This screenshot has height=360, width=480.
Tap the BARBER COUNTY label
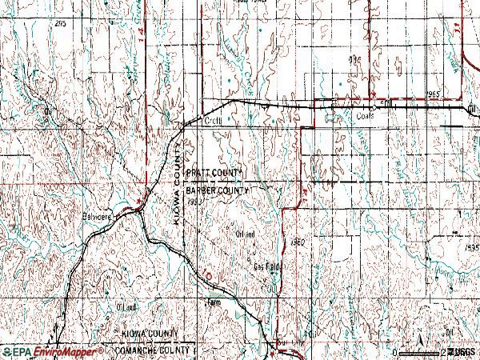point(217,191)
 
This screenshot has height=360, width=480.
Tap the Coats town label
point(364,115)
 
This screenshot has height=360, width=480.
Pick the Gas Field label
point(268,267)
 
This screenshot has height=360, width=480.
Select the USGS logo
point(462,352)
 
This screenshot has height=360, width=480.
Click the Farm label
point(213,302)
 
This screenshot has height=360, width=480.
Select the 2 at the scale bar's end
point(443,352)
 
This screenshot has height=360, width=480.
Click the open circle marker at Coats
point(374,106)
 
